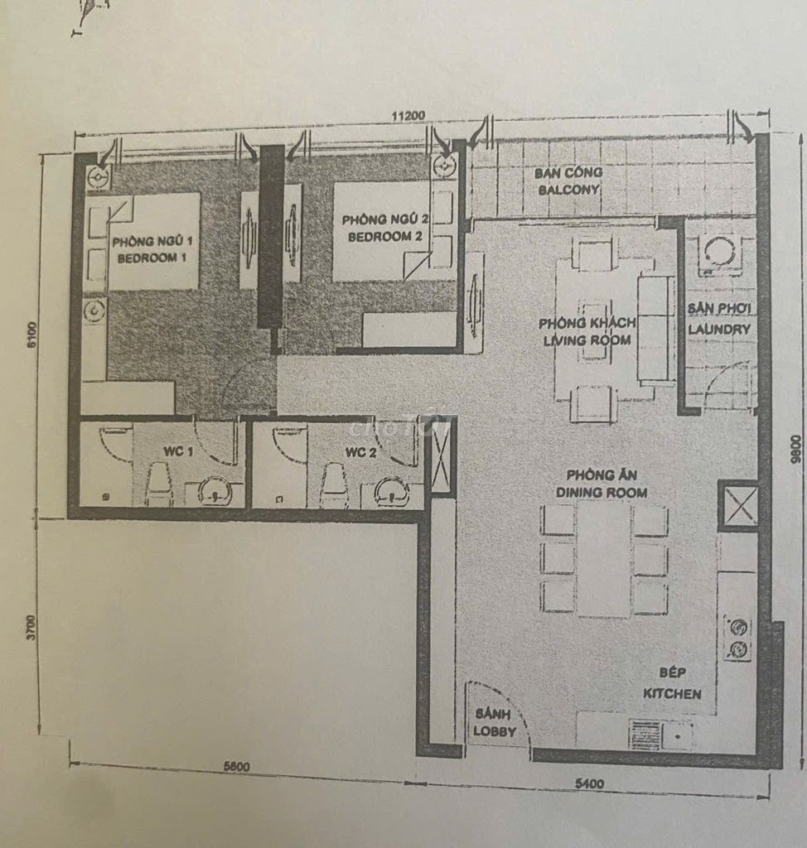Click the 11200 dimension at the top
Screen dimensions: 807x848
pyautogui.click(x=409, y=115)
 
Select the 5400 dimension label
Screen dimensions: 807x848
pyautogui.click(x=590, y=783)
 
